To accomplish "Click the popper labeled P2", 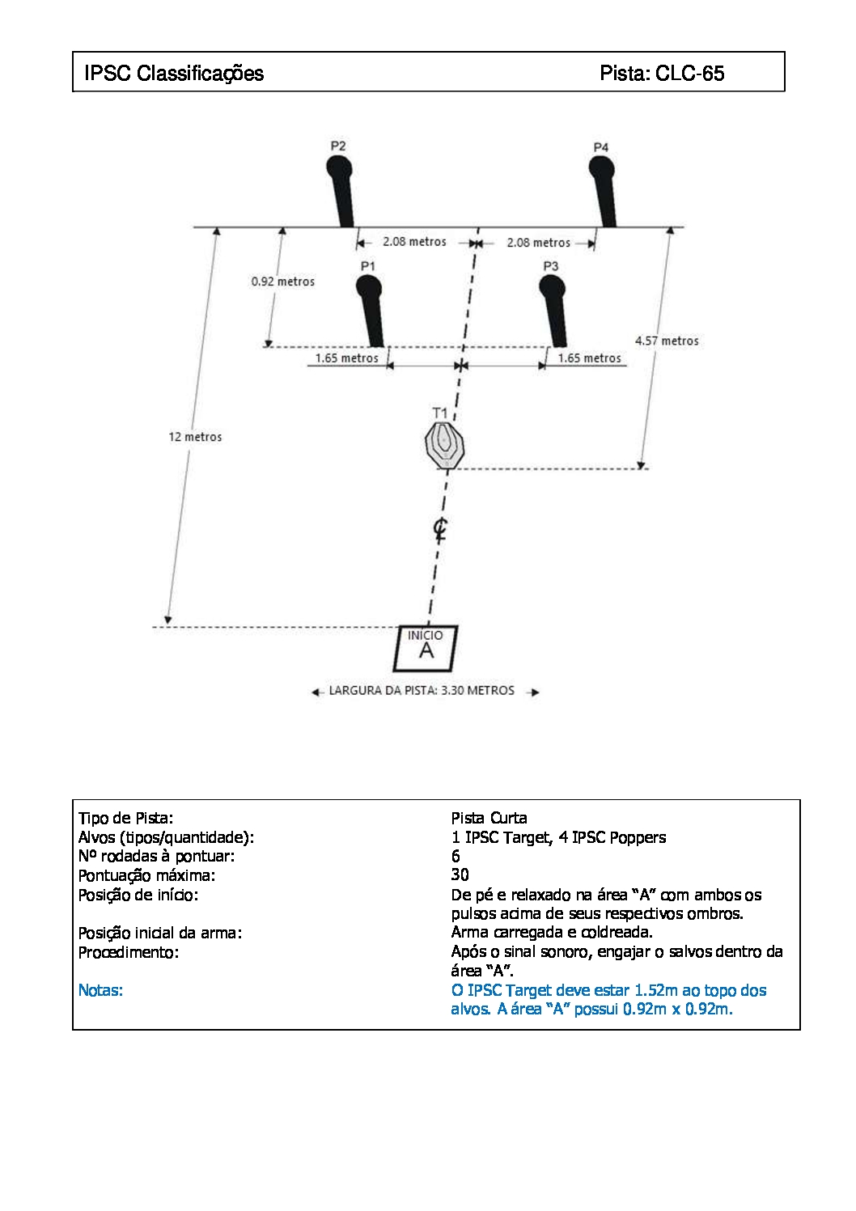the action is pos(341,191).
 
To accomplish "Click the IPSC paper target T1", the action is pos(444,445).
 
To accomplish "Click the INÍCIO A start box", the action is pos(425,648).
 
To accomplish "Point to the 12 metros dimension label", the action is pos(195,437).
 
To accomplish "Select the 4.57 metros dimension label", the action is pos(667,341).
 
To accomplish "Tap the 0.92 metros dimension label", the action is pos(283,282).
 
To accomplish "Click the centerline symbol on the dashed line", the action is pos(440,529).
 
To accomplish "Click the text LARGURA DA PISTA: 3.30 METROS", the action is pos(422,690).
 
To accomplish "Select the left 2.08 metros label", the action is pos(415,242).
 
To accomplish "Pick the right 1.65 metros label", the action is pos(590,358).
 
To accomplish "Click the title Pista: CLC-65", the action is pos(662,73).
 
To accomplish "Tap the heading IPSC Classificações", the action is pos(174,73).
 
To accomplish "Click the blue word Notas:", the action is pos(100,990).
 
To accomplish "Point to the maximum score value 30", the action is pos(460,874).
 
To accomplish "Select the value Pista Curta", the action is pos(489,817).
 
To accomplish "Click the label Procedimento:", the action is pos(128,952).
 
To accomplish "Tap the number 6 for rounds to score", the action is pos(456,856).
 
